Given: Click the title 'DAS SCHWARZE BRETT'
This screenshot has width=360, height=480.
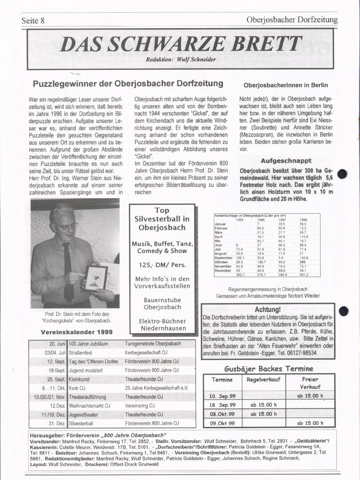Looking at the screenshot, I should point(180,44).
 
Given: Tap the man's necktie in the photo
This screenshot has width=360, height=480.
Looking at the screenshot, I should point(68,271).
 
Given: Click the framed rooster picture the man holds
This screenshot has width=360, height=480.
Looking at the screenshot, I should point(96,277).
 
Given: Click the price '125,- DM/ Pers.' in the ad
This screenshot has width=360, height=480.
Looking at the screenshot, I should point(162,265).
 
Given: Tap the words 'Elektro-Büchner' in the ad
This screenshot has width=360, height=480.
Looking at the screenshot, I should point(162,321).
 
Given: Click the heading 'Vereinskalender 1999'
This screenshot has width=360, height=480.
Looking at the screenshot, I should point(76,332).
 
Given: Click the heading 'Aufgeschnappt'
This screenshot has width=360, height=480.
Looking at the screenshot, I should point(286,161).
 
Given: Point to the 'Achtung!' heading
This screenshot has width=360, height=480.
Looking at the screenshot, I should point(268,309).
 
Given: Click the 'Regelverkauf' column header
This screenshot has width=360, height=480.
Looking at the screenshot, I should point(263,380).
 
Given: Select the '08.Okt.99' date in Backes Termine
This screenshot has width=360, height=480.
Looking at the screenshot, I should point(222,414).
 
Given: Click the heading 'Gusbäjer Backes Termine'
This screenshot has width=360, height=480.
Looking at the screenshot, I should point(268,368).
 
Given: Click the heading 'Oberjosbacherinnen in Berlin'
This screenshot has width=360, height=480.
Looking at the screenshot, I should point(286,85).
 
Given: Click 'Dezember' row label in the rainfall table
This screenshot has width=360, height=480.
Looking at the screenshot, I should point(223,270).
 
